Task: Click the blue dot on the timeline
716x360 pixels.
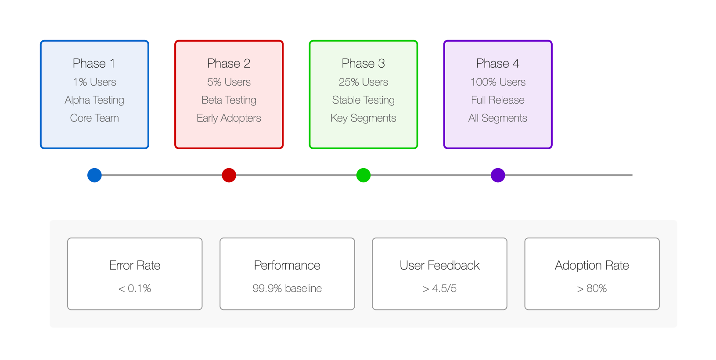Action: [x=95, y=175]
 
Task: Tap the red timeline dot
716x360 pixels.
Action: [x=229, y=175]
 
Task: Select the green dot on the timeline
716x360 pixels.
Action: [x=363, y=175]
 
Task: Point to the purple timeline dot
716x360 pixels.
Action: [x=498, y=175]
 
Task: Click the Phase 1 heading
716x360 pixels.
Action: [x=94, y=63]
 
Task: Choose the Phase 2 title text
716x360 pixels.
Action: [x=229, y=63]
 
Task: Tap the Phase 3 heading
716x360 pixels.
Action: [x=363, y=63]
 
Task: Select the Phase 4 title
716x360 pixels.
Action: [x=498, y=63]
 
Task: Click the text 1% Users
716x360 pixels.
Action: [x=95, y=82]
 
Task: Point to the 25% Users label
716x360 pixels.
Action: [x=363, y=82]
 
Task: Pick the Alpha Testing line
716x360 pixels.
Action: [x=94, y=101]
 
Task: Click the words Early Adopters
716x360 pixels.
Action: [x=229, y=118]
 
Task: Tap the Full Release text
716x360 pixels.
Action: [x=498, y=100]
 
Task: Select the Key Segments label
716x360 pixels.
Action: [x=363, y=118]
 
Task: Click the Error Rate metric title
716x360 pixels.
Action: [x=135, y=265]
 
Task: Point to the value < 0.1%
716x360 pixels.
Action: [x=135, y=288]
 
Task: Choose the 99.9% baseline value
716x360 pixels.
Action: [x=287, y=288]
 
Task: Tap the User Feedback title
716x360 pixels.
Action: [x=439, y=265]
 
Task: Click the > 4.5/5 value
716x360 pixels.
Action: [x=439, y=288]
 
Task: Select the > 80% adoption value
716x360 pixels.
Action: [x=592, y=288]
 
